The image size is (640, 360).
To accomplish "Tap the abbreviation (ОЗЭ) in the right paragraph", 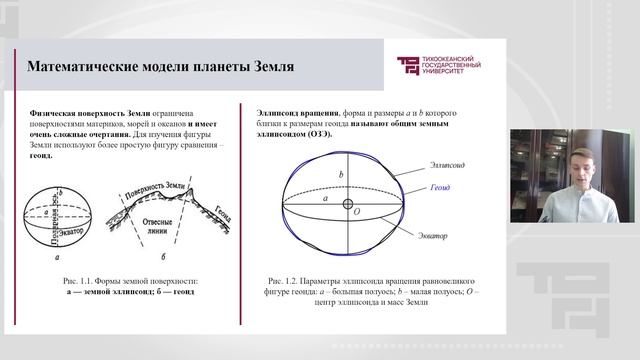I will point(331,134).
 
